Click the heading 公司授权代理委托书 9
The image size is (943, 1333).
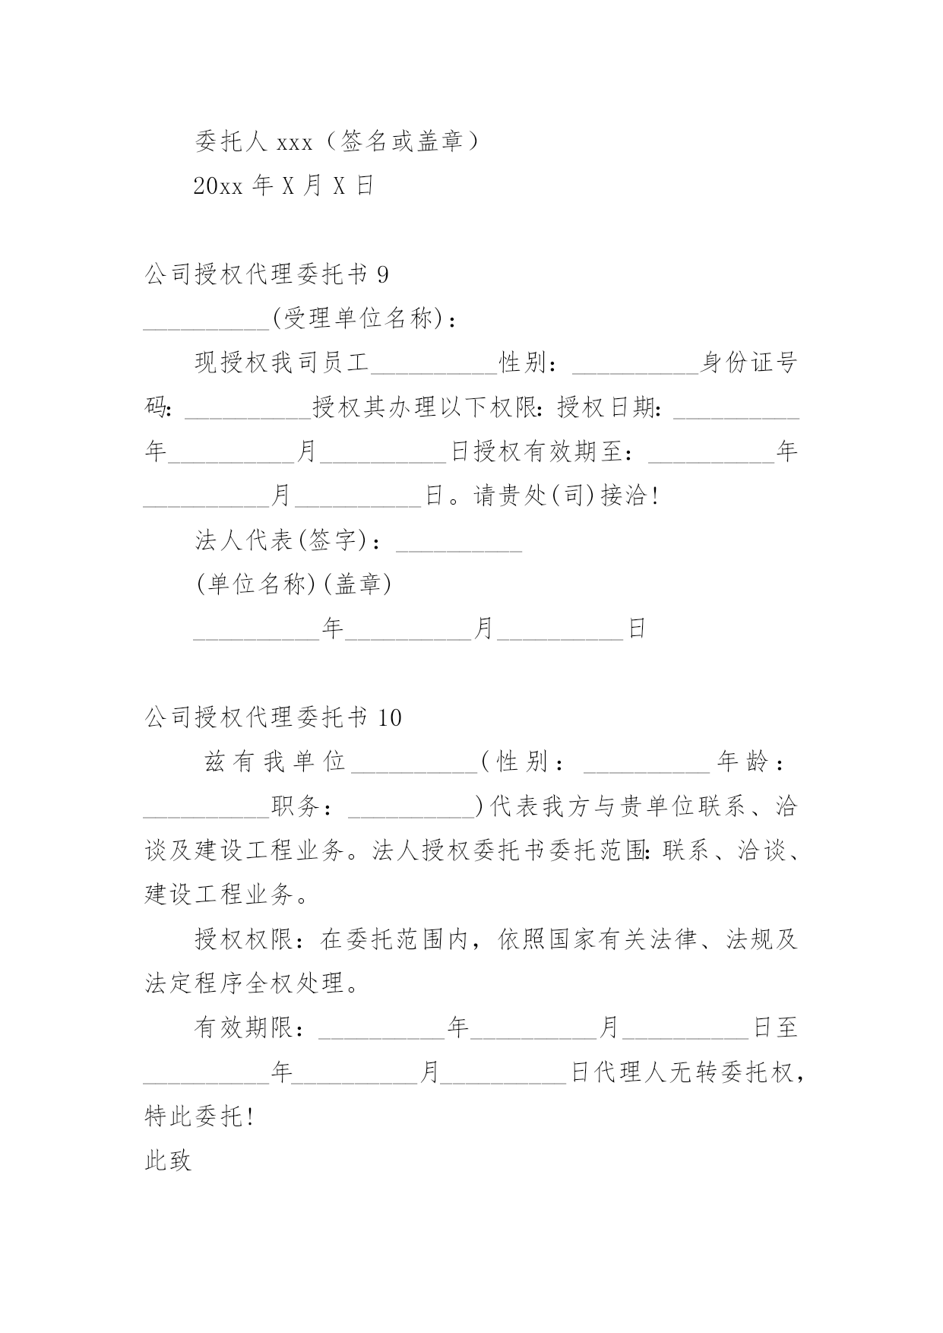[267, 274]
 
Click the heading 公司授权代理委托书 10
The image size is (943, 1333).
[274, 717]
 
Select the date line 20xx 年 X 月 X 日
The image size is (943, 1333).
[284, 185]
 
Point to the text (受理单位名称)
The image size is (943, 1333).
[357, 319]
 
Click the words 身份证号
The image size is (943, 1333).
[748, 363]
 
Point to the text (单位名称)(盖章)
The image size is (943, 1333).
[293, 584]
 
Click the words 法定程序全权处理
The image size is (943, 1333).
[245, 983]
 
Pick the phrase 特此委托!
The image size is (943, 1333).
[199, 1116]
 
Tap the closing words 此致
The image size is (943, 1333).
[168, 1160]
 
